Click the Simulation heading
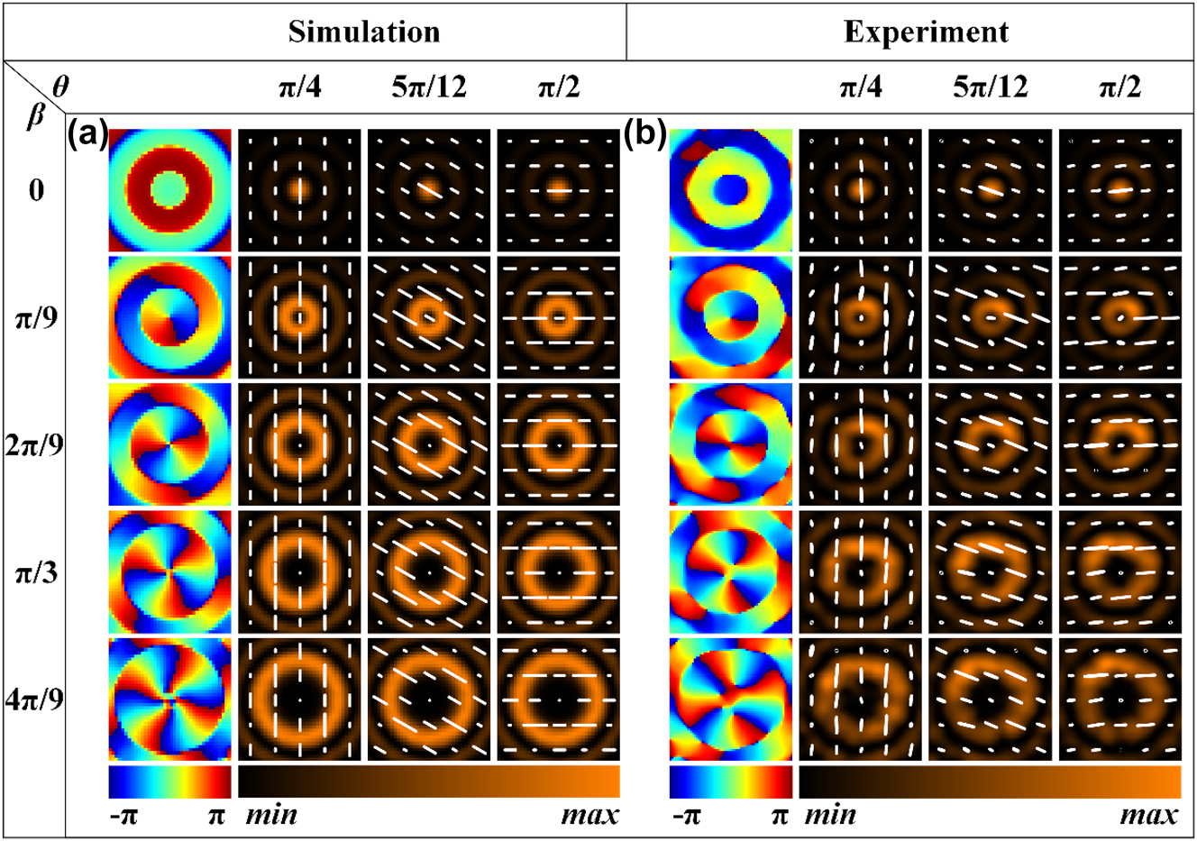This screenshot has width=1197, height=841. tap(364, 32)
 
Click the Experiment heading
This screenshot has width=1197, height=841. tap(926, 32)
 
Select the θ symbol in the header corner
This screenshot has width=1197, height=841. tap(59, 86)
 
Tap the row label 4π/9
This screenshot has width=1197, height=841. tap(35, 699)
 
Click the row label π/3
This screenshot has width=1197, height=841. tap(35, 572)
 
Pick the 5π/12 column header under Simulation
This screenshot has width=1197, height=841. tap(429, 87)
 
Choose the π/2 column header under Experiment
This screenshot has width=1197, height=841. tap(1119, 87)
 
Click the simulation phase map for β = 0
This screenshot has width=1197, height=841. tap(169, 190)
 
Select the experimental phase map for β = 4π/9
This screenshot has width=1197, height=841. tap(731, 699)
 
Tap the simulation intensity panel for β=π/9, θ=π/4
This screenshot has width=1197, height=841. tap(299, 317)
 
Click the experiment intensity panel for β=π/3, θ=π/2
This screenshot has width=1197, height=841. tap(1119, 572)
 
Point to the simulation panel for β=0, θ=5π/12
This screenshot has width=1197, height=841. tap(429, 190)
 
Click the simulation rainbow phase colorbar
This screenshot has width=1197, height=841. tap(169, 782)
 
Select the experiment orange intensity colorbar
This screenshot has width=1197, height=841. tap(990, 782)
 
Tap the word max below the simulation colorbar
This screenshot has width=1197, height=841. tap(589, 817)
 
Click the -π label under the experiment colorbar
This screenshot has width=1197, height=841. tap(689, 817)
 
